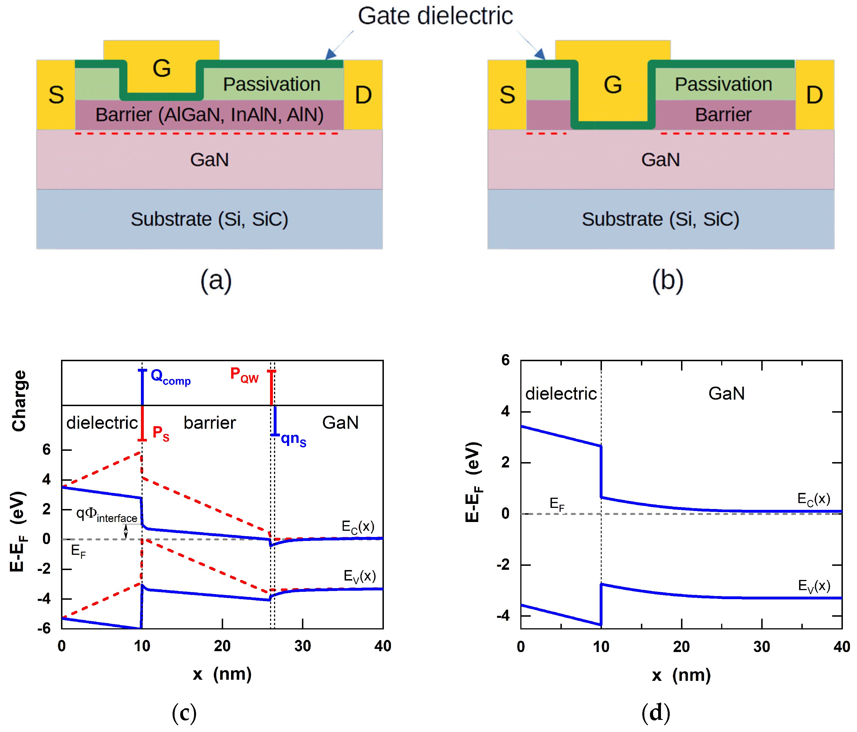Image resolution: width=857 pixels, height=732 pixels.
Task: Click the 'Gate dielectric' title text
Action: (435, 16)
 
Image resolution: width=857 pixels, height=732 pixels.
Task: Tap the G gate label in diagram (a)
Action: (161, 68)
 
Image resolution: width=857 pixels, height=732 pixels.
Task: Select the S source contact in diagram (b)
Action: (507, 95)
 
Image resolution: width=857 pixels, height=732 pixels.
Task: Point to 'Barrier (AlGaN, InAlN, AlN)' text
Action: (209, 115)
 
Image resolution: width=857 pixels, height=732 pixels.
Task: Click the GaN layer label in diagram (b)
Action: (660, 160)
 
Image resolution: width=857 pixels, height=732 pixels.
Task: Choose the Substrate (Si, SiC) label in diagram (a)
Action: (209, 219)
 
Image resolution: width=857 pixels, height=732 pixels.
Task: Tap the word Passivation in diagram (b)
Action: (723, 85)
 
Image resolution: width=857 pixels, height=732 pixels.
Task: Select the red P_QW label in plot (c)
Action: (244, 375)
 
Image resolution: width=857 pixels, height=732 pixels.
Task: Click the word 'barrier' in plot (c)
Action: (210, 423)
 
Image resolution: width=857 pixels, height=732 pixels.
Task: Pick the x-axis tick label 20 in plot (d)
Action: (681, 646)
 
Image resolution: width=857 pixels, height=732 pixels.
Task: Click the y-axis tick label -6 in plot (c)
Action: (43, 628)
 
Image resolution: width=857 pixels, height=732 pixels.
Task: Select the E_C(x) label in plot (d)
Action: (813, 499)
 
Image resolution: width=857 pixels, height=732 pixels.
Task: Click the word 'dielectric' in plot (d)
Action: (561, 393)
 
